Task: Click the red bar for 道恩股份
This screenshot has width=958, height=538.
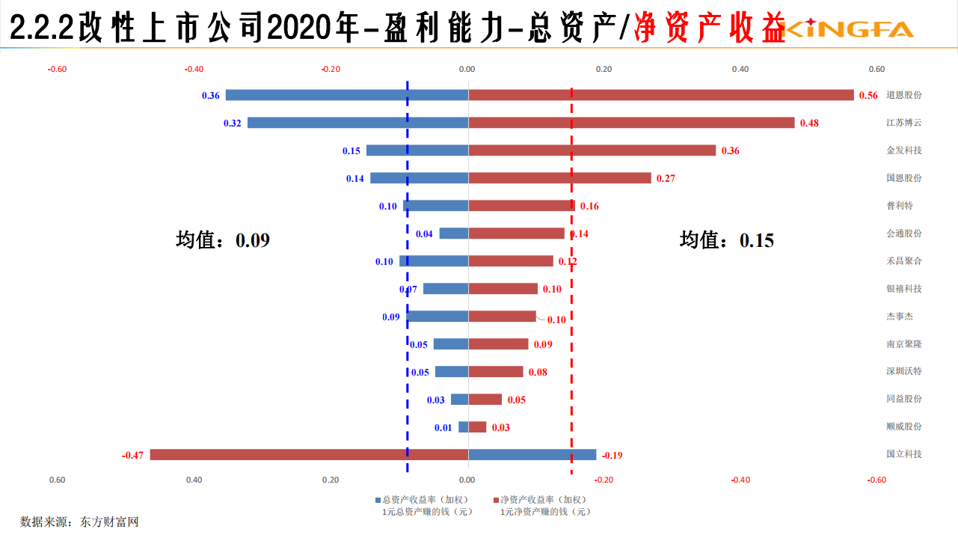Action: pyautogui.click(x=660, y=95)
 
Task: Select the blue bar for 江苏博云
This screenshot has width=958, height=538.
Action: pyautogui.click(x=357, y=123)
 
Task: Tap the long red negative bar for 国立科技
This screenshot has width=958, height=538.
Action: pyautogui.click(x=309, y=454)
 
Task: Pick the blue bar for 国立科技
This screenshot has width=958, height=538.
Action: pyautogui.click(x=532, y=454)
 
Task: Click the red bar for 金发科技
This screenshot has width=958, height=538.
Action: pyautogui.click(x=592, y=150)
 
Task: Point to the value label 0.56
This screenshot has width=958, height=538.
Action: pyautogui.click(x=868, y=96)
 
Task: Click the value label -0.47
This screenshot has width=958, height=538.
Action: pyautogui.click(x=132, y=455)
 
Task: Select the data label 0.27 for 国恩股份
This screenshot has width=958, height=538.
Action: pyautogui.click(x=665, y=179)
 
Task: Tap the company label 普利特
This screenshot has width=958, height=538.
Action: pyautogui.click(x=899, y=205)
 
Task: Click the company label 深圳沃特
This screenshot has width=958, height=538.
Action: pyautogui.click(x=903, y=371)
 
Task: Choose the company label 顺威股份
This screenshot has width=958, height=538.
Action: pyautogui.click(x=903, y=427)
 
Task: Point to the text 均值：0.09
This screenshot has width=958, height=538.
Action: pyautogui.click(x=222, y=239)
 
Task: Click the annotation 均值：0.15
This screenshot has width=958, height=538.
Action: pyautogui.click(x=726, y=239)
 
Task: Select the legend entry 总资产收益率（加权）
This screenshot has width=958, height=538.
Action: pyautogui.click(x=424, y=500)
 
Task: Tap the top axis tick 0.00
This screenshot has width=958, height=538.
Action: pyautogui.click(x=467, y=70)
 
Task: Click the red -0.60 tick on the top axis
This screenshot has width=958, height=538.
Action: pyautogui.click(x=57, y=70)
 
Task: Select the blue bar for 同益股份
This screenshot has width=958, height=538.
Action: pyautogui.click(x=459, y=400)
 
